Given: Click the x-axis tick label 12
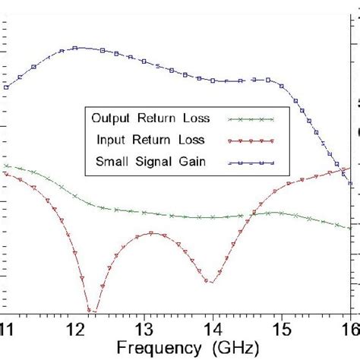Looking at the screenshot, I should (76, 327).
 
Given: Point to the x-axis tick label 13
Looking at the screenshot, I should (144, 327).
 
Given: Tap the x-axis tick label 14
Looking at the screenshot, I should (213, 327).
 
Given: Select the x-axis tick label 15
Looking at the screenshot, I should (281, 327).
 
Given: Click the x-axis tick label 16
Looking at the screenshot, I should (349, 327).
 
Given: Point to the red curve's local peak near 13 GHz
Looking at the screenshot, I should (152, 232).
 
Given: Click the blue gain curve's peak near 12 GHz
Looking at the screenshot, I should (77, 48).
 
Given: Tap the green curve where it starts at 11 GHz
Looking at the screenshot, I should (6, 165).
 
